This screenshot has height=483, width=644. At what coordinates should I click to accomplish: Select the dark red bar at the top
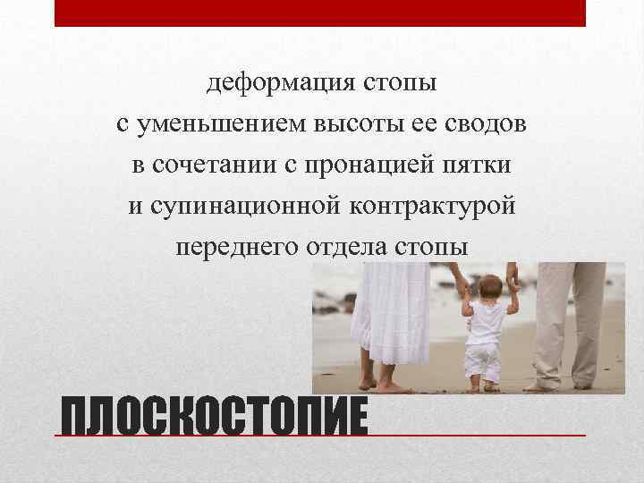(320, 13)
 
